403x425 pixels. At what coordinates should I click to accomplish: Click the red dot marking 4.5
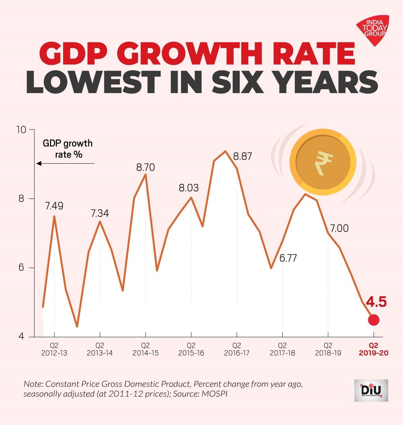click(x=373, y=320)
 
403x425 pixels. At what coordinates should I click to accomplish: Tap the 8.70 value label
click(x=145, y=167)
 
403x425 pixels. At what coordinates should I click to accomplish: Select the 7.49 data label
click(x=54, y=206)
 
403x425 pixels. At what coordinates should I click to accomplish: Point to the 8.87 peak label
click(x=242, y=156)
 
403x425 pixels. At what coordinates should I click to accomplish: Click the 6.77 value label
click(x=288, y=258)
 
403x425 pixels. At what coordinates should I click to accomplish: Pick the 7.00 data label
click(x=339, y=228)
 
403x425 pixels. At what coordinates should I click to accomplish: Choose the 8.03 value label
click(x=188, y=188)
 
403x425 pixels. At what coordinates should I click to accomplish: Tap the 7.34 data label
click(x=100, y=213)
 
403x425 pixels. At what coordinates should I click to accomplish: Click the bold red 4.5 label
click(x=376, y=302)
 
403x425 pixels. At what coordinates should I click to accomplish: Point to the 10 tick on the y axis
click(x=21, y=130)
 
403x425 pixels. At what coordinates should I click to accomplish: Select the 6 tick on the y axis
click(x=21, y=268)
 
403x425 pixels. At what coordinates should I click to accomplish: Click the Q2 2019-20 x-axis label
click(x=373, y=349)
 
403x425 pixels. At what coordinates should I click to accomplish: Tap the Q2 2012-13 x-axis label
click(x=54, y=349)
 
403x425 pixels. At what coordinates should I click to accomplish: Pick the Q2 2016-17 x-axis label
click(x=237, y=349)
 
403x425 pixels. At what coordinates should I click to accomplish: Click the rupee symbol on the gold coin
click(x=323, y=163)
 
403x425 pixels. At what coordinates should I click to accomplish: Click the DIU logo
click(x=371, y=390)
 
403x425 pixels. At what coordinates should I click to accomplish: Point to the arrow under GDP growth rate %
click(x=65, y=164)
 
